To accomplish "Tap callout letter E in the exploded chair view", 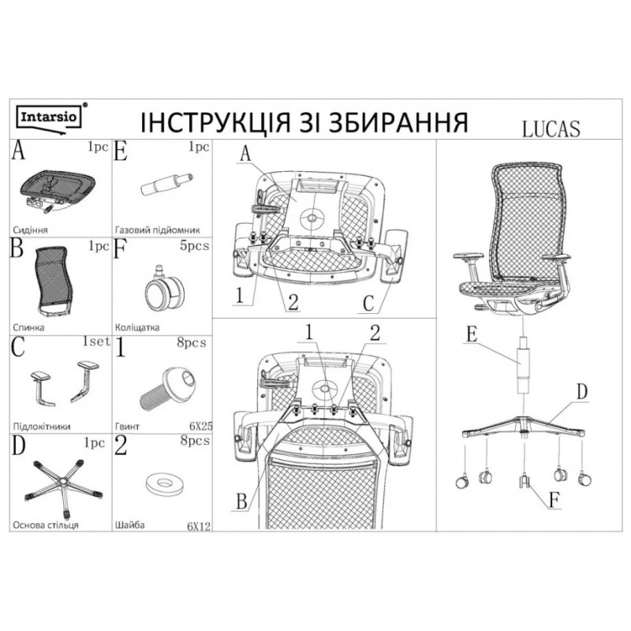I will click(470, 334).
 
